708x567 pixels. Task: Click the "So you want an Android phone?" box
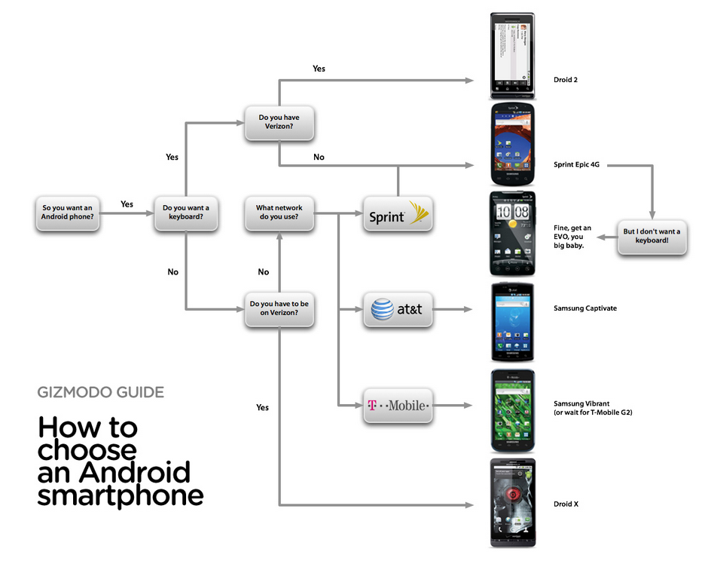(68, 213)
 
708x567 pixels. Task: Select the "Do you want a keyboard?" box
(186, 213)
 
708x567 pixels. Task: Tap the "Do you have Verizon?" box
(279, 122)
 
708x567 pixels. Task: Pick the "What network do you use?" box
(279, 213)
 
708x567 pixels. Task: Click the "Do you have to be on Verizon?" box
(279, 308)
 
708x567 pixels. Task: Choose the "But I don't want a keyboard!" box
(652, 236)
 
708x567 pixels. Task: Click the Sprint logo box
(398, 216)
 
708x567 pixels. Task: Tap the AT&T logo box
(398, 309)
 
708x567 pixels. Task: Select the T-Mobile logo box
(398, 406)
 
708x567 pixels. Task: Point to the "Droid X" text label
(566, 504)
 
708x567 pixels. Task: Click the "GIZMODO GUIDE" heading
(100, 392)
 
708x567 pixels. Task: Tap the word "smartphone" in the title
(121, 495)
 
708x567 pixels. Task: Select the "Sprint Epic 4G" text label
(581, 164)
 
